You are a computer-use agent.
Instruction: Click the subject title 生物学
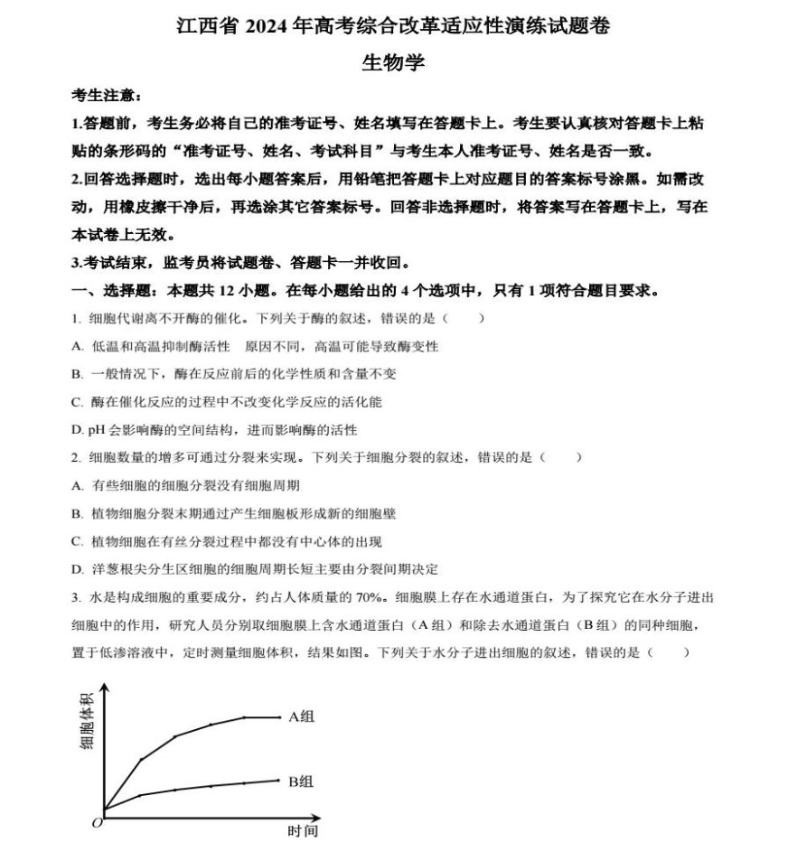(x=393, y=63)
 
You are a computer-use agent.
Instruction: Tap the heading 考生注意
(x=106, y=95)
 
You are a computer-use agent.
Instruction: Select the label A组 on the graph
(x=302, y=716)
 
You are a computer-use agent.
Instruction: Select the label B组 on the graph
(x=302, y=781)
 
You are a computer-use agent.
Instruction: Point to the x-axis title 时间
(x=303, y=831)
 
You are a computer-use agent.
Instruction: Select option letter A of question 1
(x=77, y=346)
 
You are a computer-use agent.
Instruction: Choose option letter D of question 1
(x=77, y=430)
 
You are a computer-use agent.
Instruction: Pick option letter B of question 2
(x=77, y=513)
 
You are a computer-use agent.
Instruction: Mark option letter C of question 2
(x=77, y=541)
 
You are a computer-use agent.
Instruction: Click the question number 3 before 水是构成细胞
(x=75, y=597)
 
